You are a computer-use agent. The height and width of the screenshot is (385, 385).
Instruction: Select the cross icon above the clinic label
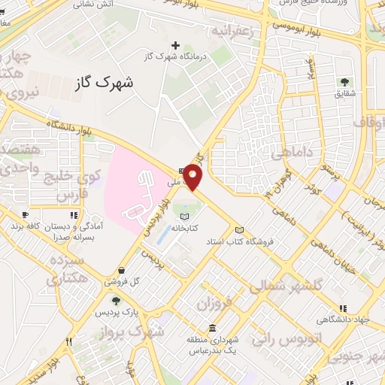coord(176,46)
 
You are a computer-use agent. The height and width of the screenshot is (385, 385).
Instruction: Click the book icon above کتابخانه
coord(185,217)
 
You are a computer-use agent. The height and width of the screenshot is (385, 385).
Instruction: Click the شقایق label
coord(345,93)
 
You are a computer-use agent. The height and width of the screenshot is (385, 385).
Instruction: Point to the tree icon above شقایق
coord(345,82)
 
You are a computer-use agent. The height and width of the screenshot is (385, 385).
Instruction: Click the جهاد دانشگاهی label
coord(343,320)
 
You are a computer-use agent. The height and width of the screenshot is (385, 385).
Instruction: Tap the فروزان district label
coord(213,302)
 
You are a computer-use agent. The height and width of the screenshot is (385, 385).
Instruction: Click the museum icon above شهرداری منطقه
coord(214,329)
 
